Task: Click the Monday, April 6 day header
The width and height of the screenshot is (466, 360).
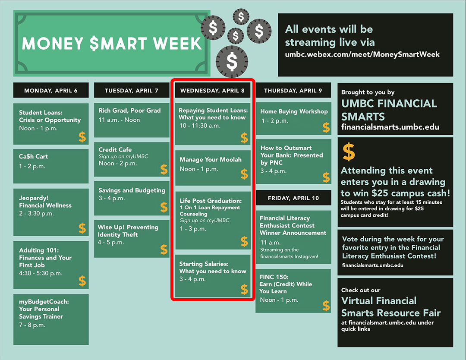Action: click(51, 90)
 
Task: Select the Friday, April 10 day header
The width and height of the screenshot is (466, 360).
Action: click(293, 198)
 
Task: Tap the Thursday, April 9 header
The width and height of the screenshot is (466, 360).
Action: click(293, 90)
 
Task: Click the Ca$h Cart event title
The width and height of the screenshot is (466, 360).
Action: click(33, 156)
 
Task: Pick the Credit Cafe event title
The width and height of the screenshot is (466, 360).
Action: click(115, 149)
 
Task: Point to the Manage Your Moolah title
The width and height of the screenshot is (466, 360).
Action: click(211, 160)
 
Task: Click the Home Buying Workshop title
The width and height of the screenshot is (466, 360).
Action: click(294, 111)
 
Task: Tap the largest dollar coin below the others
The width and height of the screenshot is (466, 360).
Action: click(232, 62)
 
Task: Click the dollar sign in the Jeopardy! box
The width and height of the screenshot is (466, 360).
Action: click(82, 228)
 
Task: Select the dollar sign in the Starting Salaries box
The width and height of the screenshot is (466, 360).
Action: click(244, 289)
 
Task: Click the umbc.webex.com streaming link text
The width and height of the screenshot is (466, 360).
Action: click(362, 54)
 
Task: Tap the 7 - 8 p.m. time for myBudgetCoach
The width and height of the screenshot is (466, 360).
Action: click(32, 325)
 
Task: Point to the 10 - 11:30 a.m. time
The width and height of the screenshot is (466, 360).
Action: click(200, 126)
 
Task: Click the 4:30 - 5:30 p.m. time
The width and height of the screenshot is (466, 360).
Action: click(41, 273)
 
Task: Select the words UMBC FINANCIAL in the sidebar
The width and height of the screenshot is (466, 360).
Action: click(389, 104)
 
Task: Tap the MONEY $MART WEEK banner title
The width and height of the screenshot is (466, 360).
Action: click(112, 44)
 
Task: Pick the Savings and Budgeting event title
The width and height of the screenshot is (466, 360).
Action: click(132, 190)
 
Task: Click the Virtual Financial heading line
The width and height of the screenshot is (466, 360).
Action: click(379, 300)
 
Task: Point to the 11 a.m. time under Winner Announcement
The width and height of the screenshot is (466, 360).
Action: click(271, 242)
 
